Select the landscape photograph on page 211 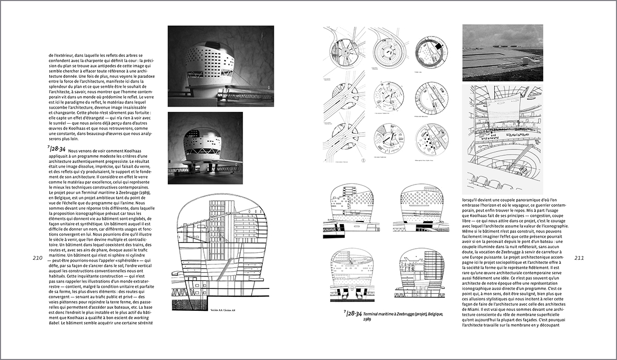coord(503,53)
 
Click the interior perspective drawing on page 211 coord(503,138)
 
